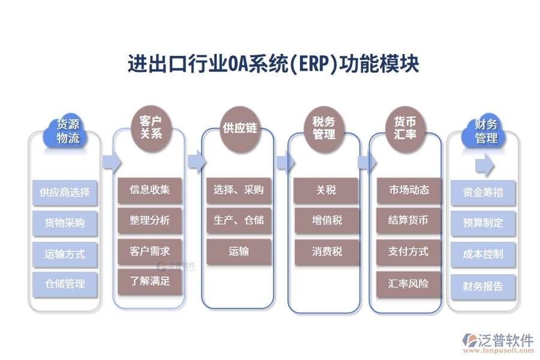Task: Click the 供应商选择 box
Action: tap(65, 193)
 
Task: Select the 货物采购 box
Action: tap(65, 223)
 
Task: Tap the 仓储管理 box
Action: tap(65, 284)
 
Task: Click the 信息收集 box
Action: tap(150, 190)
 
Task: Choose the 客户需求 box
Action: tap(150, 251)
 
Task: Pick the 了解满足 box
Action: tap(150, 281)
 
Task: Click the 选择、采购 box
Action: tap(238, 190)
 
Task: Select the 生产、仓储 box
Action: tap(238, 220)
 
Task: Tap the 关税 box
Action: tap(326, 190)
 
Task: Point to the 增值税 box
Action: tap(326, 220)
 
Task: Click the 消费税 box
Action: tap(326, 251)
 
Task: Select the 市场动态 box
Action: tap(409, 190)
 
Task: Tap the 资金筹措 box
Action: tap(483, 193)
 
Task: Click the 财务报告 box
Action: tap(483, 287)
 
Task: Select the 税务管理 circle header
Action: tap(324, 128)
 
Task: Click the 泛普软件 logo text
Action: tap(505, 340)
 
